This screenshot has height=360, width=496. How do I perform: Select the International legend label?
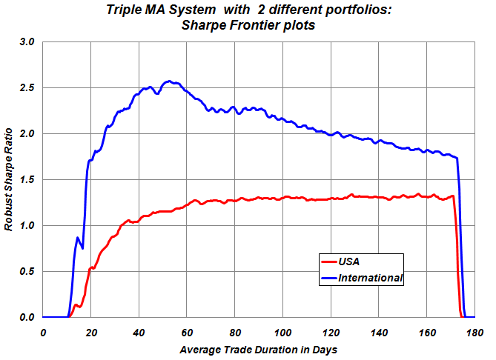[x=370, y=279]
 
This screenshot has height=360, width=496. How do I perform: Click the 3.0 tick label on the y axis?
[x=27, y=42]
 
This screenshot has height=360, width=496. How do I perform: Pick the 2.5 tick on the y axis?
[x=27, y=88]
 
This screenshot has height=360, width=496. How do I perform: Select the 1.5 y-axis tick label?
[x=27, y=180]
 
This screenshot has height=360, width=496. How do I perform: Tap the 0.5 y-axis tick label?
[x=27, y=272]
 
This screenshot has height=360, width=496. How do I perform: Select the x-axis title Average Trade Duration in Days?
[x=258, y=348]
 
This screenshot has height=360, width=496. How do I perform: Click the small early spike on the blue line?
[x=78, y=238]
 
